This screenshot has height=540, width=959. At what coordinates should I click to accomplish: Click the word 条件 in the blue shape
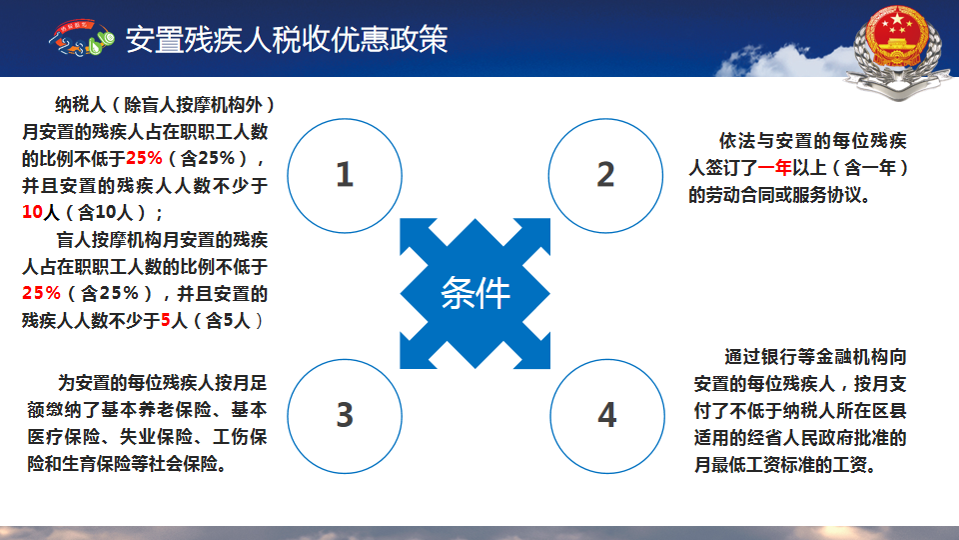coord(476,293)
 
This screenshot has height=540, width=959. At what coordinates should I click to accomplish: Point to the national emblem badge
coord(897,50)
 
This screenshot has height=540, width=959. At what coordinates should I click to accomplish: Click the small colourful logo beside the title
coord(81,38)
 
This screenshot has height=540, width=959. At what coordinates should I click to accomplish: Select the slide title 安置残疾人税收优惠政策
coord(287,39)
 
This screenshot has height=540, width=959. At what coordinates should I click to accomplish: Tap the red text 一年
coord(774,168)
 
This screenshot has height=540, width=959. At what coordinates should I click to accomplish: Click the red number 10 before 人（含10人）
coord(32,212)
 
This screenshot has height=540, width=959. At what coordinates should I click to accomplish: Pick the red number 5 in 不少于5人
coord(165,320)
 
